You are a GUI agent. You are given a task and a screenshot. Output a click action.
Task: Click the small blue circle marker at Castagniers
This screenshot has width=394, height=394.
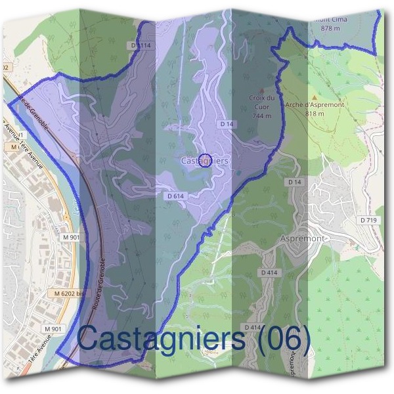click(204, 160)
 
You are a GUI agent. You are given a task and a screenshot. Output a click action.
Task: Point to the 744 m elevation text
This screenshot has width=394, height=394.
click(261, 116)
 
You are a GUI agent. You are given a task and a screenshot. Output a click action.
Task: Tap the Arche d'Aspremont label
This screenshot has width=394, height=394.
click(315, 104)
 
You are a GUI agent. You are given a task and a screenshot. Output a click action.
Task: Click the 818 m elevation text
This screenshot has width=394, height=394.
click(315, 113)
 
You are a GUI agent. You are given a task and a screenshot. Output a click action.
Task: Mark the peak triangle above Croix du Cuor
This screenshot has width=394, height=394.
click(261, 91)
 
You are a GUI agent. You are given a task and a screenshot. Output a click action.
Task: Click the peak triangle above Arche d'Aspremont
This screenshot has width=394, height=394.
click(314, 95)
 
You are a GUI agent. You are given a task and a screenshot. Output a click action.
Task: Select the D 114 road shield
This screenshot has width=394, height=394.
click(141, 45)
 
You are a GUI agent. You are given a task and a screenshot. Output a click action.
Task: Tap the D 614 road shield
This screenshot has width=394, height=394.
click(175, 196)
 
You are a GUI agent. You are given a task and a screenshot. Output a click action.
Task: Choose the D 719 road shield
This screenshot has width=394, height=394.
click(368, 219)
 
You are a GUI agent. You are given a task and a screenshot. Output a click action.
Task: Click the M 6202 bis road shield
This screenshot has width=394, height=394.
click(70, 294)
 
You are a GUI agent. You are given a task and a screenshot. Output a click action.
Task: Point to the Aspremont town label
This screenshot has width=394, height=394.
click(302, 238)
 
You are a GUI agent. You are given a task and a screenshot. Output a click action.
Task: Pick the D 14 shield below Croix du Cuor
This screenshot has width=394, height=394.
click(227, 123)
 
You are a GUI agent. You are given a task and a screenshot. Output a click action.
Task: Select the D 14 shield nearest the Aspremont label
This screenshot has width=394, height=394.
click(294, 181)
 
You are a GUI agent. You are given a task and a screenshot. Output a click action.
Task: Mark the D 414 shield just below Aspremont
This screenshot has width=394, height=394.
click(269, 272)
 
